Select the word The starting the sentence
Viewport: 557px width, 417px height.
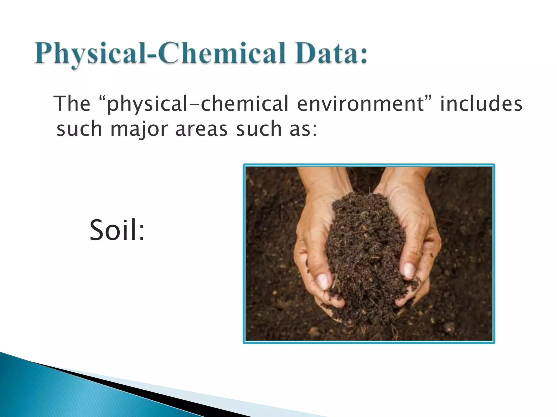72,104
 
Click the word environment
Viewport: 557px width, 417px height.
361,104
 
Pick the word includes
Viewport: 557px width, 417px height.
481,104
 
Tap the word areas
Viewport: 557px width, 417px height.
201,129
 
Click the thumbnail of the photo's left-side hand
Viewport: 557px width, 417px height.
323,281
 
